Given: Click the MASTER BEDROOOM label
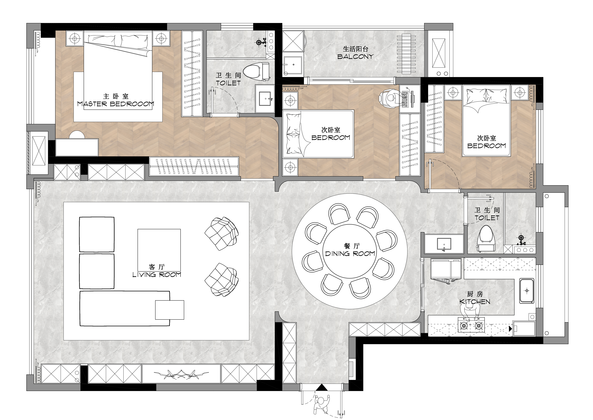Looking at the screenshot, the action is tap(116, 104).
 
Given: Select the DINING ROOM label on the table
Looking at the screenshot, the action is tap(350, 254).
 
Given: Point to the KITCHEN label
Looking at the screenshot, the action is tap(475, 302).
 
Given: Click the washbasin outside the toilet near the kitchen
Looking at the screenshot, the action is tap(444, 244).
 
